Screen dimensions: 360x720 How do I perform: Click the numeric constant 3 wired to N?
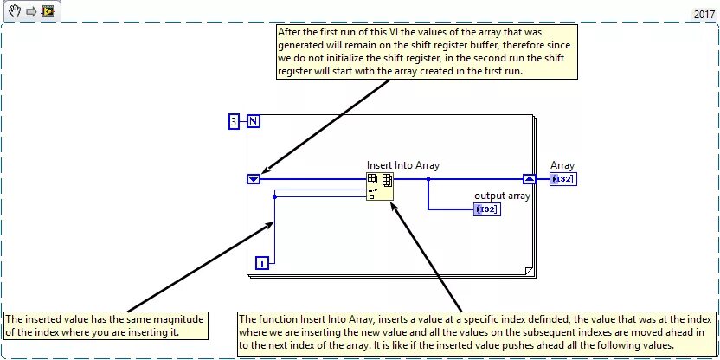click(234, 122)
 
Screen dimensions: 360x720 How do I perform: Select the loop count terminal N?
click(254, 122)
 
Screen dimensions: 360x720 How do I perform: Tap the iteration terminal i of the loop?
click(262, 263)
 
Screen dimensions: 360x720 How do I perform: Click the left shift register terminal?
click(254, 179)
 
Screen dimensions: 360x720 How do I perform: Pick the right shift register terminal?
click(530, 179)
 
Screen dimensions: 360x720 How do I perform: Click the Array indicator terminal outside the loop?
click(562, 179)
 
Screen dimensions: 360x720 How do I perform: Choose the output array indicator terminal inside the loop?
click(486, 209)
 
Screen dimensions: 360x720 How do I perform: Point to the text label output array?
click(502, 196)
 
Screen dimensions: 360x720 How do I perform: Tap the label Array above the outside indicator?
click(562, 165)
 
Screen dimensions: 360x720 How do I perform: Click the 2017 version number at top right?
click(704, 14)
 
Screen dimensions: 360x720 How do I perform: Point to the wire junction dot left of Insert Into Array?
click(274, 196)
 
